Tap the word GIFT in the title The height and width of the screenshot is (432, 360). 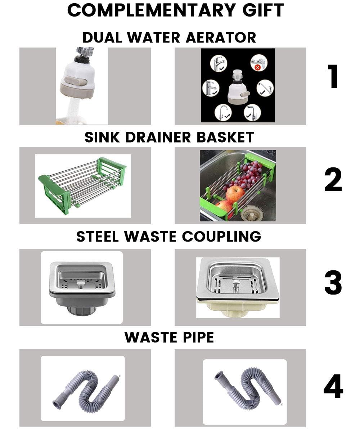[x=260, y=10]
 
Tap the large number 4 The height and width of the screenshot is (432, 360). [x=333, y=387]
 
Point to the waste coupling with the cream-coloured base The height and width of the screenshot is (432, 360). [x=238, y=287]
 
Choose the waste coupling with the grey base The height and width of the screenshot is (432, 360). [x=82, y=287]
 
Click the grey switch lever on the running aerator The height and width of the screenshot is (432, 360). [x=78, y=82]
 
